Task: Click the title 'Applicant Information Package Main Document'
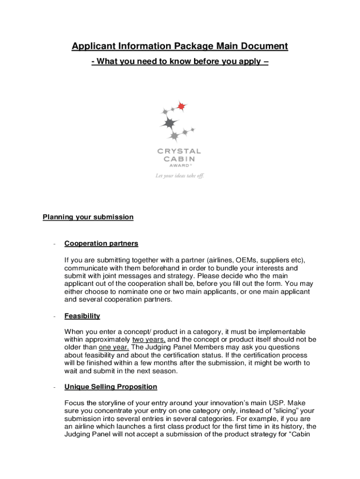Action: click(x=180, y=46)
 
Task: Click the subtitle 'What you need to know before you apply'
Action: click(x=180, y=61)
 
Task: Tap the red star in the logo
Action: click(x=181, y=106)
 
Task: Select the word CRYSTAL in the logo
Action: click(x=179, y=151)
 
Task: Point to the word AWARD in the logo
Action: click(x=178, y=165)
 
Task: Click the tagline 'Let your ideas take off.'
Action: click(x=180, y=176)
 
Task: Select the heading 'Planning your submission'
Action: click(x=88, y=217)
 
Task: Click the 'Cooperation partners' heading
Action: click(x=101, y=243)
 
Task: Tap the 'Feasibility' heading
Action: click(x=82, y=316)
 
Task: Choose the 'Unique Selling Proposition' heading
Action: click(x=111, y=387)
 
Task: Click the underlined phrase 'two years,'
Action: click(x=146, y=339)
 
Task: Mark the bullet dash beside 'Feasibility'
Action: click(x=55, y=317)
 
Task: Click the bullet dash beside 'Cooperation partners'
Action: click(x=55, y=244)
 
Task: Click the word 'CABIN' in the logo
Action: click(x=179, y=158)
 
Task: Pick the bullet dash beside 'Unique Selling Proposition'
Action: click(x=55, y=387)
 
